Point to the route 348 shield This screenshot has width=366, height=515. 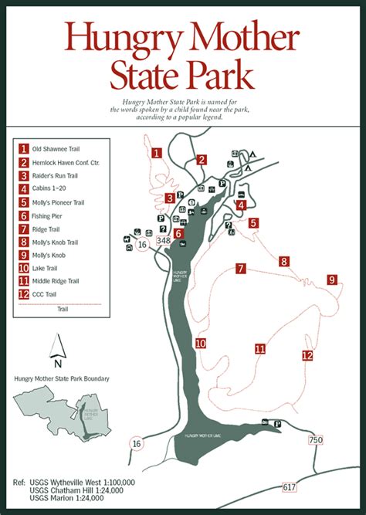[163, 241]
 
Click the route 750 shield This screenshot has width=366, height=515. [315, 440]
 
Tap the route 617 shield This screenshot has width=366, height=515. [290, 487]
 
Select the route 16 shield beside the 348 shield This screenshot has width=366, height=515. [142, 244]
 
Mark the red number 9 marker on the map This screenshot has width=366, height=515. [331, 280]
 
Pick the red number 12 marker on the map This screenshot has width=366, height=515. [307, 356]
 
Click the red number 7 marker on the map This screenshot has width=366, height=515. [241, 269]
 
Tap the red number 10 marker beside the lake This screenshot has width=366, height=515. [200, 344]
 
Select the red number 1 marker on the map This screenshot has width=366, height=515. [157, 152]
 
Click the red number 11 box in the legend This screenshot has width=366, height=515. [25, 281]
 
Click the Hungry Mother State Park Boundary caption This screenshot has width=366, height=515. [62, 378]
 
